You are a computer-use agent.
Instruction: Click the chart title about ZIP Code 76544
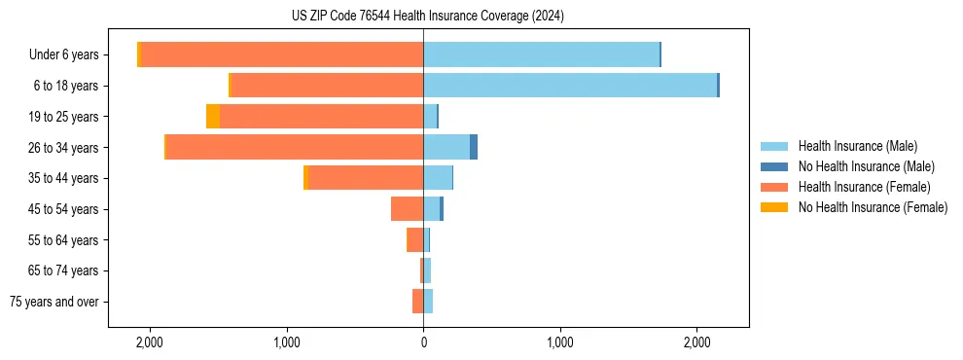click(427, 17)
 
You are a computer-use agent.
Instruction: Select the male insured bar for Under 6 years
click(541, 54)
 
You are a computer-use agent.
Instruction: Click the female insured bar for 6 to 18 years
click(328, 86)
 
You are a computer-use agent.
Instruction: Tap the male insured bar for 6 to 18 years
click(570, 86)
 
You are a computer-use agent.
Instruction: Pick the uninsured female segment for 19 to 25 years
click(213, 117)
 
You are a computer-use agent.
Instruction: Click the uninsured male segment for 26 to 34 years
click(474, 147)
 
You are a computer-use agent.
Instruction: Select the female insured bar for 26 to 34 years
click(295, 147)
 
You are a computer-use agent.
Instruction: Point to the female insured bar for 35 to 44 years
click(366, 178)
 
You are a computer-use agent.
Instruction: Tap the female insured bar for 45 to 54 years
click(407, 209)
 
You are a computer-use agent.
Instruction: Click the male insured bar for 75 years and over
click(428, 302)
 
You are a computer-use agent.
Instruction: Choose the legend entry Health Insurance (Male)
click(857, 146)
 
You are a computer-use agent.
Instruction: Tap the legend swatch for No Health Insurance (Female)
click(774, 207)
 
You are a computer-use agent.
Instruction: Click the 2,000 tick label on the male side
click(696, 342)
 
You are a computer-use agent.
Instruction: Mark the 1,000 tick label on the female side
click(287, 342)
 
